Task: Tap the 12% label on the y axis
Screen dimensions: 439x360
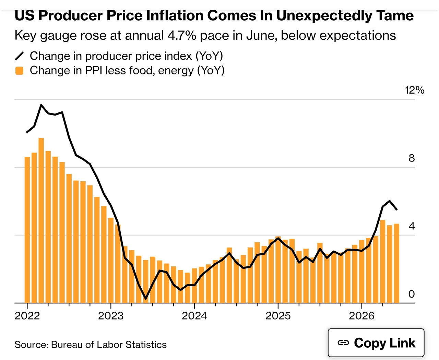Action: [414, 90]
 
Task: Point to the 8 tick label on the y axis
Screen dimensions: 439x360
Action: [412, 158]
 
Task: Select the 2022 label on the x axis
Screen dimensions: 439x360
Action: [27, 316]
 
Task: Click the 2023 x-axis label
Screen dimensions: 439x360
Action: [111, 316]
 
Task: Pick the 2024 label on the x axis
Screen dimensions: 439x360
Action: [194, 316]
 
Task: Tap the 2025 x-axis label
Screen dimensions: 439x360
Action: [278, 316]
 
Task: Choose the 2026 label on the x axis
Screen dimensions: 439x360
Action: [361, 316]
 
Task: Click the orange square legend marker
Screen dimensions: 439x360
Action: [19, 71]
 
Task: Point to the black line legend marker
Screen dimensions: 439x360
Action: [19, 56]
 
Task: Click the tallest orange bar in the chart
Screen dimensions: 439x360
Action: [41, 220]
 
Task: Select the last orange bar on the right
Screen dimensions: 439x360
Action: [396, 263]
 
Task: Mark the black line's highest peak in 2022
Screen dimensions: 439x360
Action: [41, 105]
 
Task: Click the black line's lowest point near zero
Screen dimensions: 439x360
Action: [146, 299]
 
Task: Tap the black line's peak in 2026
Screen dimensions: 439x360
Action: [390, 201]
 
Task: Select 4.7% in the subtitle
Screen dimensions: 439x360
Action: [182, 35]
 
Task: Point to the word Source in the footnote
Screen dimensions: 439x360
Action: [31, 345]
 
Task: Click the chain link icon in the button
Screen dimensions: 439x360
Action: [343, 343]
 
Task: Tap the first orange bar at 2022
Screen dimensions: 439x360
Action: [27, 230]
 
